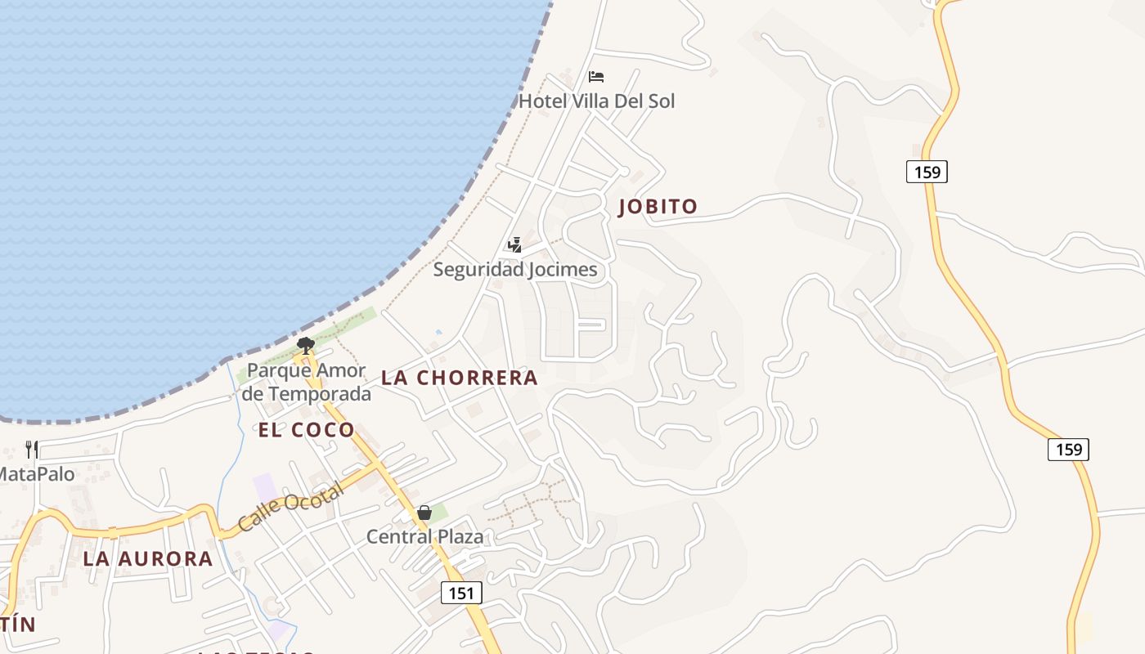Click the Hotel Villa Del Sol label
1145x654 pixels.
coord(597,101)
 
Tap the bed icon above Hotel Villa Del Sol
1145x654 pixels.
coord(596,77)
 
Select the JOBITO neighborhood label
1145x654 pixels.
coord(658,207)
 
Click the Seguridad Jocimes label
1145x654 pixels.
coord(515,270)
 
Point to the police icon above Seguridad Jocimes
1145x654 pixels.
coord(514,244)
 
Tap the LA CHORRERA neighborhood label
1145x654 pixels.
coord(460,378)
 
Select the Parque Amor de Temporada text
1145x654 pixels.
coord(307,382)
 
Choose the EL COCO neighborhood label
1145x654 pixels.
coord(307,430)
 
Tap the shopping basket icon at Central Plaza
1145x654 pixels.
coord(424,513)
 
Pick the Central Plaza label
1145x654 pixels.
coord(424,537)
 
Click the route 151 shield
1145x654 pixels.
coord(461,593)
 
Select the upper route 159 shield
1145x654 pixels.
coord(927,172)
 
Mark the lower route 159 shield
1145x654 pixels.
coord(1068,449)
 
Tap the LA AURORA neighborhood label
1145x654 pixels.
coord(148,559)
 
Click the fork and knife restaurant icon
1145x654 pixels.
coord(32,449)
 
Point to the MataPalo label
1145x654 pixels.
coord(37,474)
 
